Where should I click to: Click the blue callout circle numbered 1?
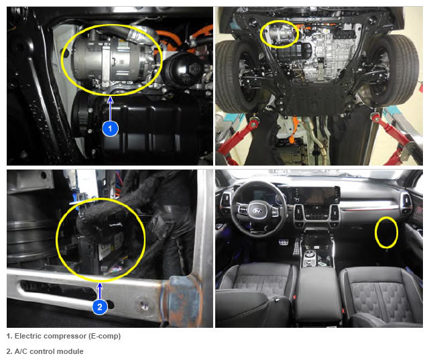pos(110,128)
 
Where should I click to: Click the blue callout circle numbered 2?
pos(100,306)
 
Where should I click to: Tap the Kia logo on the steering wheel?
pos(257,211)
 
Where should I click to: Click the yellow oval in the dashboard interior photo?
pos(386,232)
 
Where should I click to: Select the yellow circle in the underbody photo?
pos(279,34)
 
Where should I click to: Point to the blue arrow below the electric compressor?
pos(110,108)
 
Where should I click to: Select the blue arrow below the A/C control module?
pos(100,291)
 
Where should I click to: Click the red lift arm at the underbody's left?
pos(237,137)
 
